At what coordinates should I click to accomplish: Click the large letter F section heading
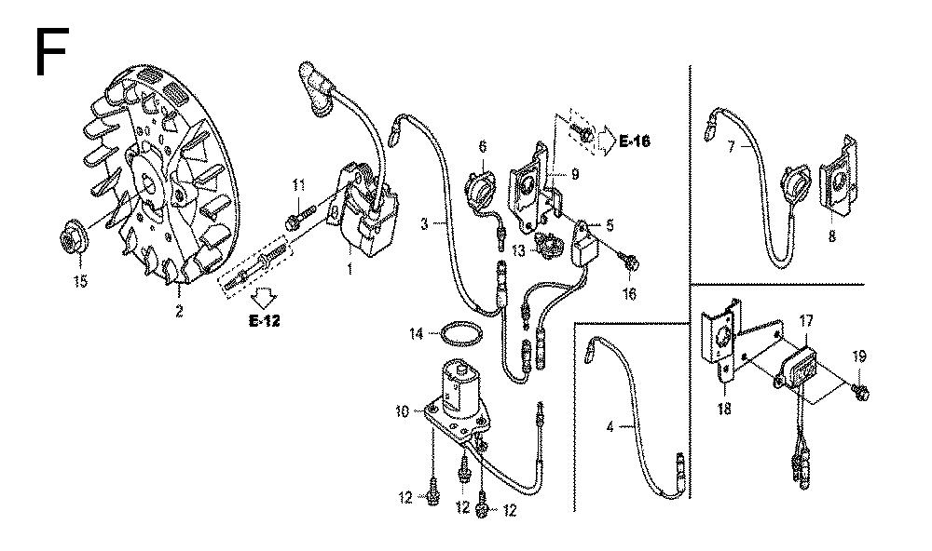pos(51,52)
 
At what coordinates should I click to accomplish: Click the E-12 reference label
pos(265,320)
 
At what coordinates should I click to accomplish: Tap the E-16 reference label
pos(634,141)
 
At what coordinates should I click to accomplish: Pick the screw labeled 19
pos(859,390)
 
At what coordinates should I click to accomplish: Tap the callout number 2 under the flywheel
pos(179,311)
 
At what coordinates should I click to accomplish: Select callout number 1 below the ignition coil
pos(349,268)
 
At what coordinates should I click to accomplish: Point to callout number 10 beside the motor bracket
pos(403,410)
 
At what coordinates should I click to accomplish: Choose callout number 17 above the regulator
pos(805,321)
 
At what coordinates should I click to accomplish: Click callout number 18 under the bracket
pos(724,409)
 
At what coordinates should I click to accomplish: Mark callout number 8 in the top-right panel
pos(831,235)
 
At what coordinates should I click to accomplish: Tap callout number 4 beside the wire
pos(610,426)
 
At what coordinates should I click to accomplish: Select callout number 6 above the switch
pos(482,146)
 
